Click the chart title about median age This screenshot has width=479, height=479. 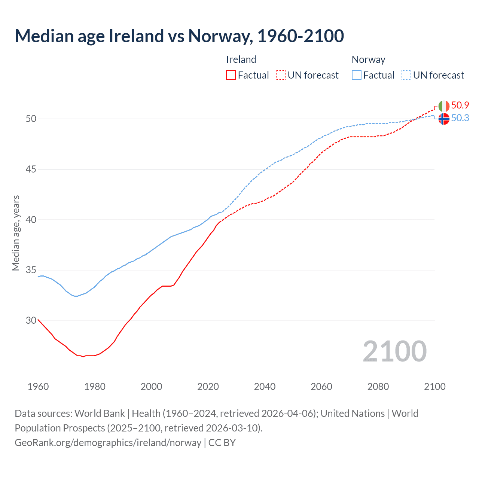179,36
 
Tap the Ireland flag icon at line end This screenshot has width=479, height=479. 444,106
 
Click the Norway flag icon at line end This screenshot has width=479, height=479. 444,119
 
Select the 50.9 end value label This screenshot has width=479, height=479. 460,105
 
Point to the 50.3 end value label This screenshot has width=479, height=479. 460,118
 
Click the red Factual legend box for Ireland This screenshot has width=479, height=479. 231,75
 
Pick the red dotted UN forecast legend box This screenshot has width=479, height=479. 281,75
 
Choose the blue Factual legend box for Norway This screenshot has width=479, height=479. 356,75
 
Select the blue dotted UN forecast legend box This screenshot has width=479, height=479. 406,75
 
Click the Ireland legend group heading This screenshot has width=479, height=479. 241,60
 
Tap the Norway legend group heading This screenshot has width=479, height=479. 368,60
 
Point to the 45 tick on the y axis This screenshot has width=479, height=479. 31,169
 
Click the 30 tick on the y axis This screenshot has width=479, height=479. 31,320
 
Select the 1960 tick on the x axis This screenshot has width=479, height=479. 38,387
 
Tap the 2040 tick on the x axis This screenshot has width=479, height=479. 265,387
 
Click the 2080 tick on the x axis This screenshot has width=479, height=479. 378,387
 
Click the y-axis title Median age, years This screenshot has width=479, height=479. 16,233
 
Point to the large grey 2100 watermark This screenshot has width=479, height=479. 394,351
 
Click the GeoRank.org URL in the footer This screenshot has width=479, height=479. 108,443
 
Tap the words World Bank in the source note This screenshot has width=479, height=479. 100,414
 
